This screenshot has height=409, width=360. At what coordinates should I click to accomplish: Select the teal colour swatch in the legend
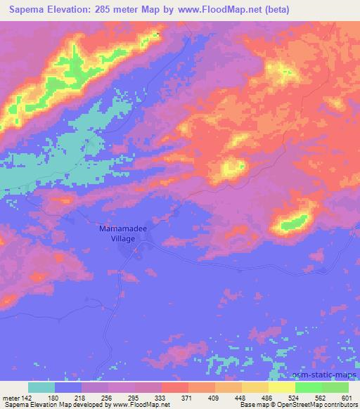(41, 387)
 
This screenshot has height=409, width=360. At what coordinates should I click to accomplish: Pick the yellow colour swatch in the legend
(281, 387)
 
